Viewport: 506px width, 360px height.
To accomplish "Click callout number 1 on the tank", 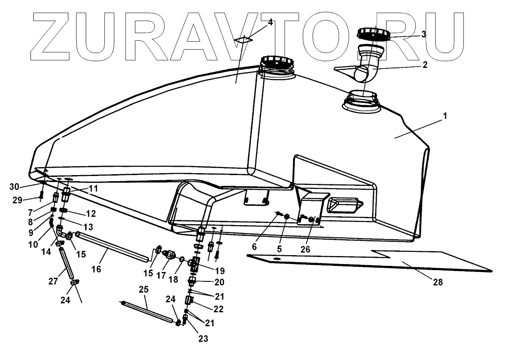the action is coord(445,116).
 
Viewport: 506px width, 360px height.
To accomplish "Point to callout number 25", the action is coord(144,290).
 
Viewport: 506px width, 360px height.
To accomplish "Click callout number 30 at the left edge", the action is coord(14,186).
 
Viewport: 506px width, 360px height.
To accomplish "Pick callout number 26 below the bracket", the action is coord(305,250).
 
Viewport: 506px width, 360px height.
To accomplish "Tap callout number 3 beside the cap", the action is coord(423,34).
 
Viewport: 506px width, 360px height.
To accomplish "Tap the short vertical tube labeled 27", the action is coord(66,264).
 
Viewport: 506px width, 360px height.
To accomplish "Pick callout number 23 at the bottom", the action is coord(203,338).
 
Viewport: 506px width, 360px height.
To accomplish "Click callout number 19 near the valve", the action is coord(220,271).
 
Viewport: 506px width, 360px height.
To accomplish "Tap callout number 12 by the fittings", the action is coord(91,213).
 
